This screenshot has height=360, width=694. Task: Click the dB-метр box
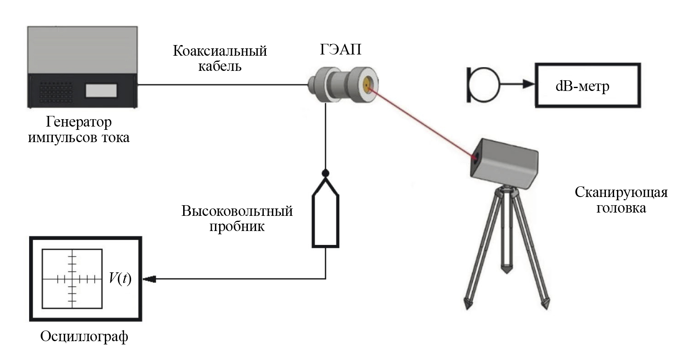click(x=587, y=86)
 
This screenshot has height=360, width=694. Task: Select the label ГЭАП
click(x=340, y=50)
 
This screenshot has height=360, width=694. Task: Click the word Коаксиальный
click(x=220, y=51)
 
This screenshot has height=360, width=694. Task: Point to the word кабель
click(x=220, y=66)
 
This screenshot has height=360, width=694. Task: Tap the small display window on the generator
click(x=101, y=91)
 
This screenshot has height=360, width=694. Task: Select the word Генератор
click(x=79, y=122)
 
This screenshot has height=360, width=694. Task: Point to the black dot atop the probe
click(x=326, y=173)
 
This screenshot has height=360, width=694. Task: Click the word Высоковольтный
click(x=237, y=211)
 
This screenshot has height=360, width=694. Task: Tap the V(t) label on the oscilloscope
click(x=120, y=279)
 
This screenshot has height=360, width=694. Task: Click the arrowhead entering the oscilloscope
click(x=150, y=279)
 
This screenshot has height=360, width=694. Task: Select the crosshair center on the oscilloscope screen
click(x=72, y=279)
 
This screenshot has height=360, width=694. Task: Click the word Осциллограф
click(x=84, y=336)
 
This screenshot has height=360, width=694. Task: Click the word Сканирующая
click(x=621, y=192)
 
